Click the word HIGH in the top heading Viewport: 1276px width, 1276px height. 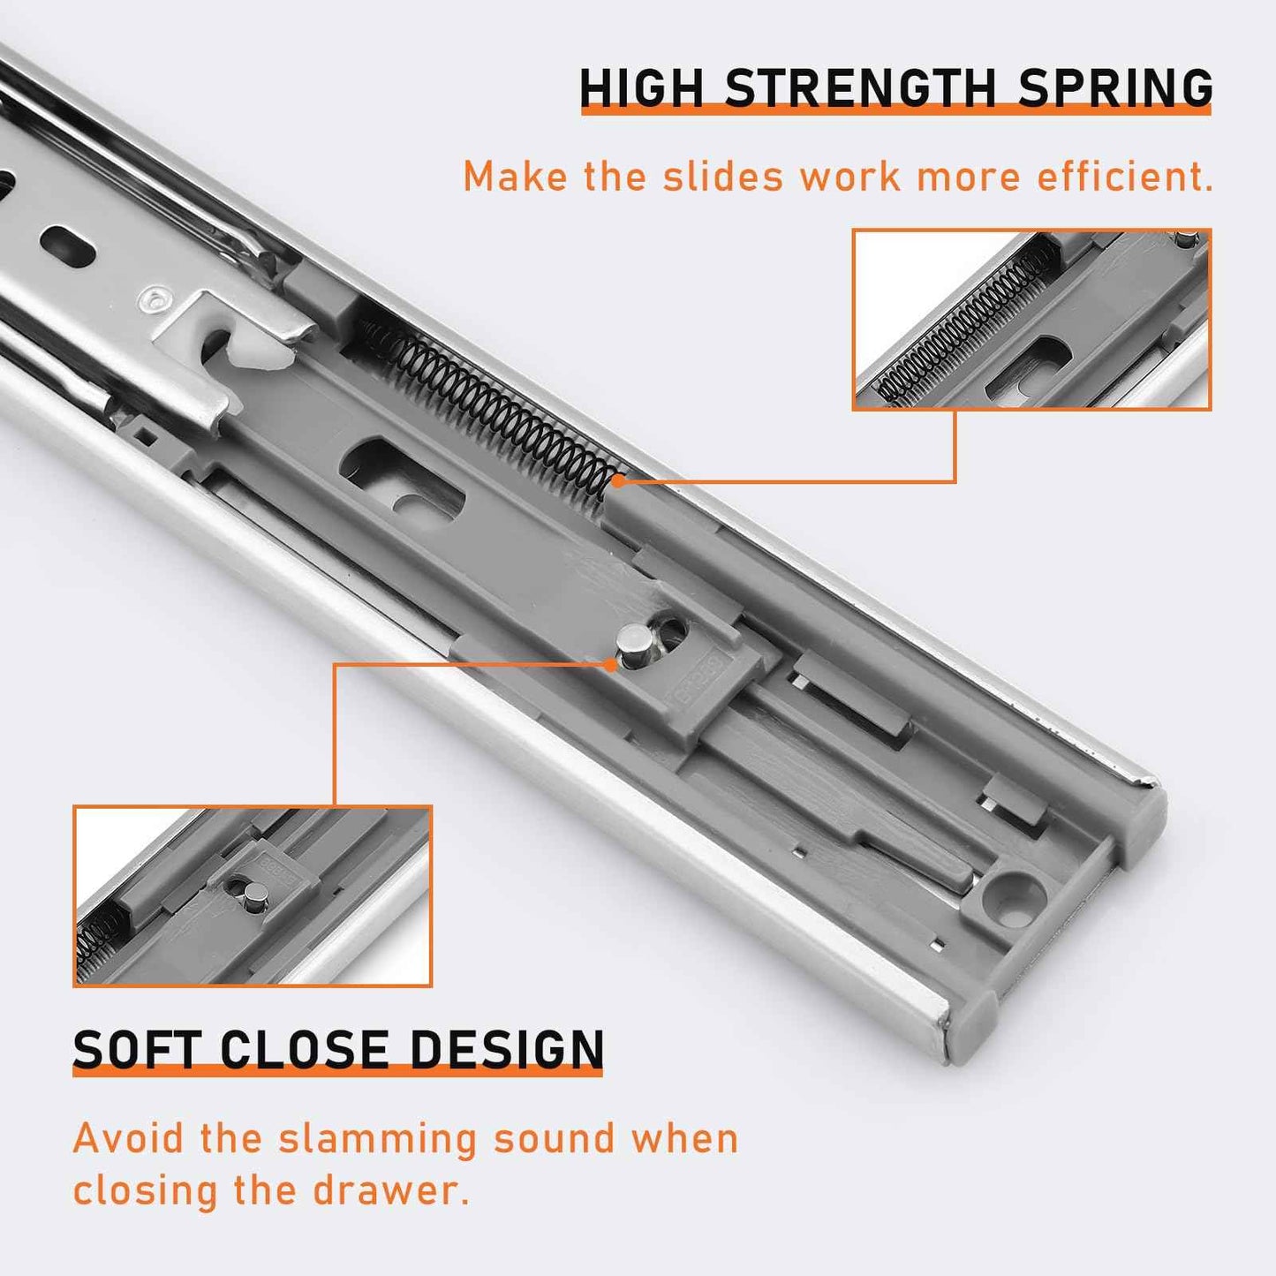pos(641,88)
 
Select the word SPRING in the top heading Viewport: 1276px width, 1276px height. pos(1115,88)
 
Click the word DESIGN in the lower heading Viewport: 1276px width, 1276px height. pos(507,1050)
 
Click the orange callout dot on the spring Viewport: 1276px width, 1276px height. pos(619,481)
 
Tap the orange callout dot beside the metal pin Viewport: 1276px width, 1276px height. pos(611,664)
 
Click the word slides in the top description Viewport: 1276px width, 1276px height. pos(722,177)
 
